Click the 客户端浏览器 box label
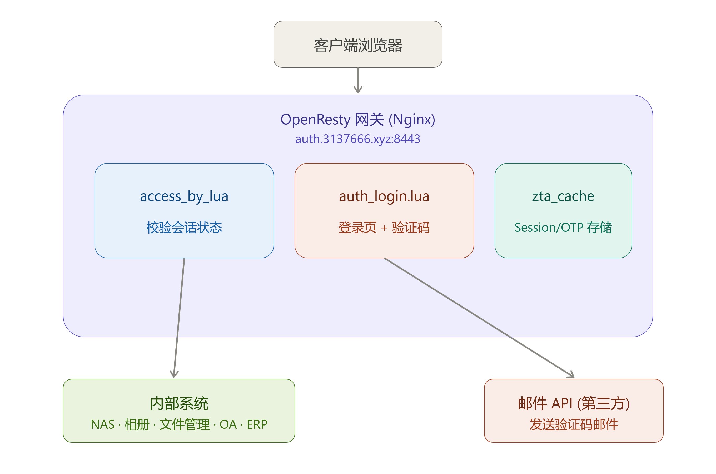coord(358,45)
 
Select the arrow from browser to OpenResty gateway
coord(358,80)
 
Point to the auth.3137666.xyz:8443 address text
coord(358,139)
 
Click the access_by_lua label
coord(184,196)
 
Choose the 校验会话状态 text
coord(184,227)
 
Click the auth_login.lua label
coord(384,196)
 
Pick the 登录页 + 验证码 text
coord(384,227)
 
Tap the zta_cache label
coord(563,196)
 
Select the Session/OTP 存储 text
coord(563,227)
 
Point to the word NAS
coord(103,424)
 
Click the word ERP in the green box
coord(257,424)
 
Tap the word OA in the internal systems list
coord(228,424)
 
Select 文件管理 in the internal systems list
coord(184,424)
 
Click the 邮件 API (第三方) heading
coord(574,404)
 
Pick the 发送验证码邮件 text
coord(574,424)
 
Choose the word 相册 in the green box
coord(137,424)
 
